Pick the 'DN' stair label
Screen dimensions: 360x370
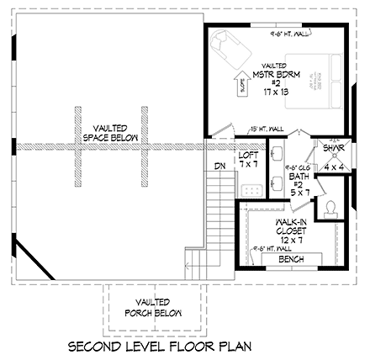click(x=220, y=166)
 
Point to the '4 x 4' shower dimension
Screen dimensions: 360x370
click(x=332, y=167)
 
